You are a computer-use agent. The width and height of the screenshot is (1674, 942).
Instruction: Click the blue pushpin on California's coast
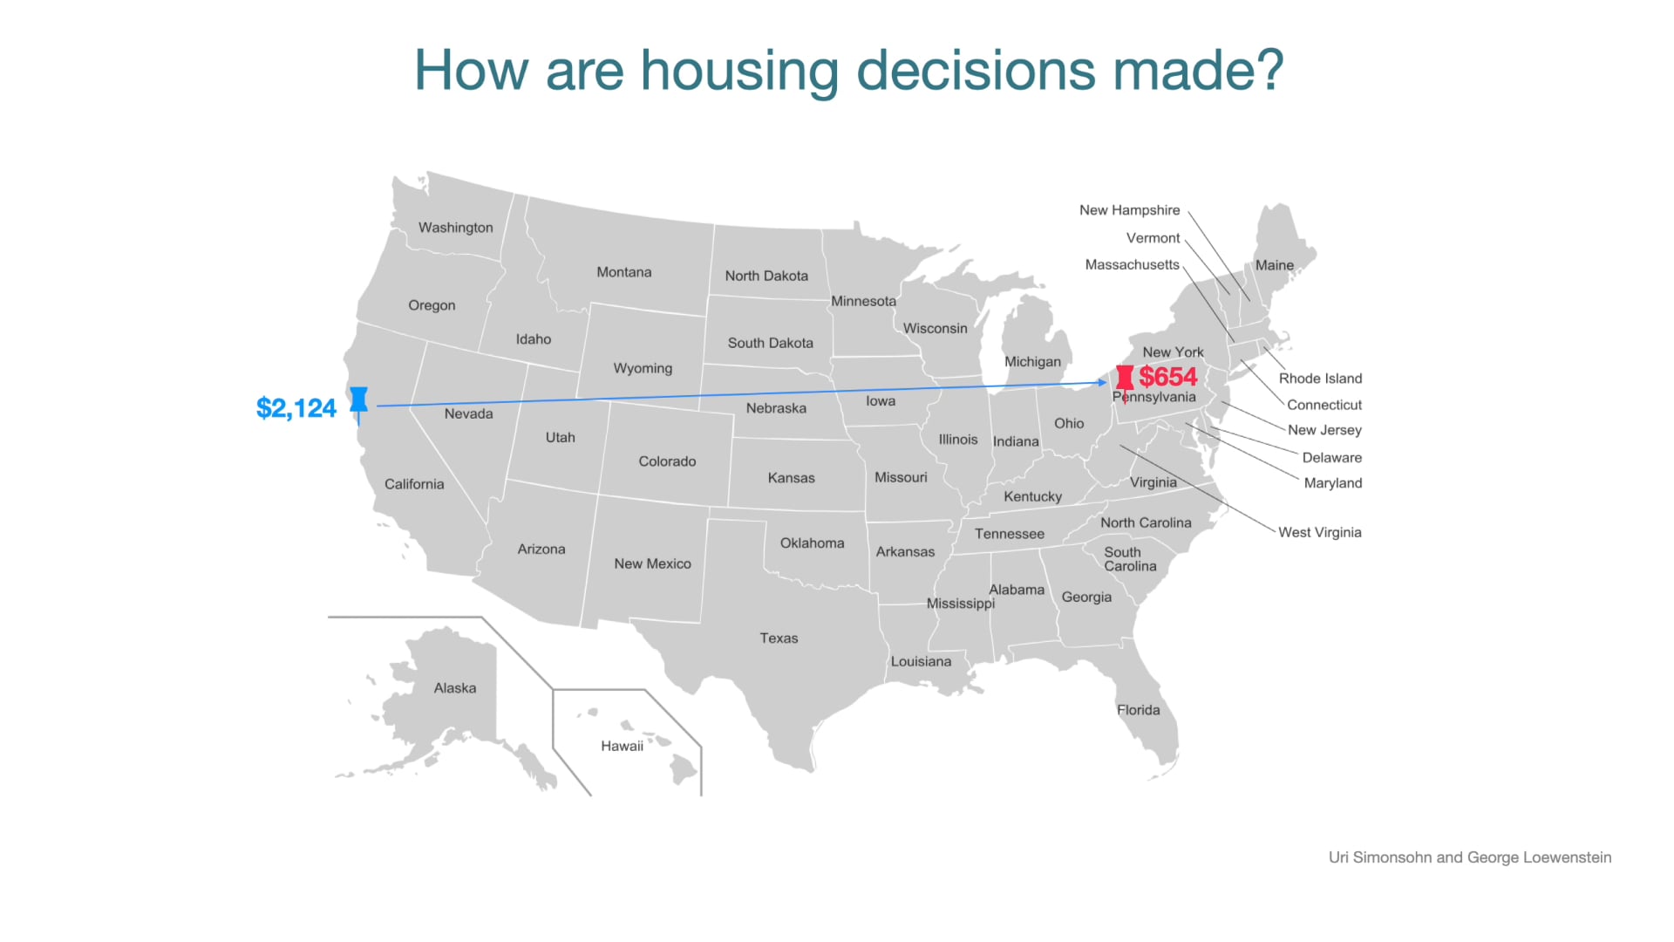click(358, 400)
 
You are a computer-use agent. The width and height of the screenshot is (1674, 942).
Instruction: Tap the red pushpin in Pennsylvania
click(1125, 379)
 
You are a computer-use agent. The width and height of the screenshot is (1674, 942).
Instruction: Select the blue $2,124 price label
click(296, 408)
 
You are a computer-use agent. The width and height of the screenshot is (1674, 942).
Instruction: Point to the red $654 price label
click(1168, 377)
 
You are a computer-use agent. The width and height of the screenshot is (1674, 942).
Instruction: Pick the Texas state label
click(779, 638)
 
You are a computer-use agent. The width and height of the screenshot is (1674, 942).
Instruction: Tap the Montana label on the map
click(623, 272)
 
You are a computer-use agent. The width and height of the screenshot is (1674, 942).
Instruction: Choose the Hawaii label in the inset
click(622, 746)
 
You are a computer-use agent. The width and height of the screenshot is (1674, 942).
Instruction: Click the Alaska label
click(455, 688)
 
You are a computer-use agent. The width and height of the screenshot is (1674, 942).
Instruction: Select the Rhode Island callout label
click(1320, 379)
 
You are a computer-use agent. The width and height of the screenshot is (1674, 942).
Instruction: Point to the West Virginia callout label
click(1319, 532)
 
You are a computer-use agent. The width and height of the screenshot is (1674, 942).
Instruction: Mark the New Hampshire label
click(1129, 210)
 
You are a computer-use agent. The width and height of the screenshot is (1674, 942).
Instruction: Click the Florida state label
click(1138, 710)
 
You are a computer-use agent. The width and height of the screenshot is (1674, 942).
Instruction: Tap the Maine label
click(1274, 265)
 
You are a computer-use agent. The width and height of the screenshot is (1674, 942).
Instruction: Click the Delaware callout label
click(1331, 458)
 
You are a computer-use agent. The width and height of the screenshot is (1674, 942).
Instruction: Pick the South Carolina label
click(1129, 559)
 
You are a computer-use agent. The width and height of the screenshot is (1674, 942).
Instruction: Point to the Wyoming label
click(643, 368)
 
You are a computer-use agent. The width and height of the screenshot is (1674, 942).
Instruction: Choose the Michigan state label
click(1032, 362)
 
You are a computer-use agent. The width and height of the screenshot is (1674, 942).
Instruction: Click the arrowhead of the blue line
click(1103, 383)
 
